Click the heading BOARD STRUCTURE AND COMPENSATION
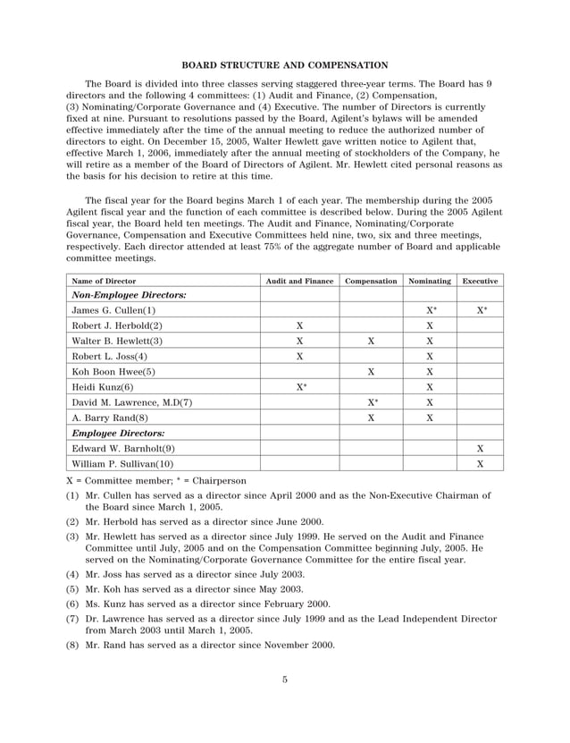284,64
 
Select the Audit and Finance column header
299,281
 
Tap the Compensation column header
371,281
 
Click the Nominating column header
430,281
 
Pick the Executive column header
480,281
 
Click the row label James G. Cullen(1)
113,310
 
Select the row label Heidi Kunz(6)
103,387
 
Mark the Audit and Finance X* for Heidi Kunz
300,387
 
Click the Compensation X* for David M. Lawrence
371,402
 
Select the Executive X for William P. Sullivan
481,464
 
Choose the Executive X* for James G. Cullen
482,310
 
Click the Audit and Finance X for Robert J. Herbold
299,325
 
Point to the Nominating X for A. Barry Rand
430,418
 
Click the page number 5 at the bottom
284,680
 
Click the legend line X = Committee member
129,481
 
